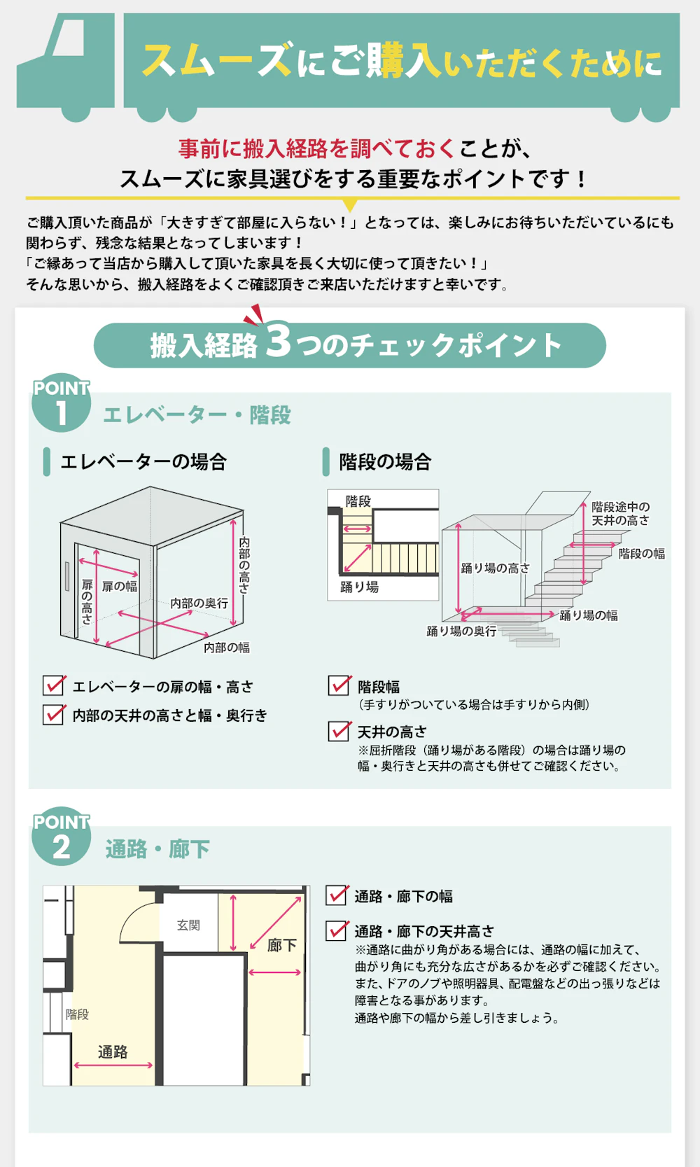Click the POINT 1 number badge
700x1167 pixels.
coord(62,404)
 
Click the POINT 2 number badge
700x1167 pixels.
coord(62,838)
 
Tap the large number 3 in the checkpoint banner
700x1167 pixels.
coord(278,341)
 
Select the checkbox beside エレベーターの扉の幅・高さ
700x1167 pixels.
coord(54,685)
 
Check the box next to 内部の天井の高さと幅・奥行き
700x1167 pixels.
coord(54,714)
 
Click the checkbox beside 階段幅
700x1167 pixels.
coord(339,685)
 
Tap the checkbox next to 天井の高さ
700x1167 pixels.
coord(339,731)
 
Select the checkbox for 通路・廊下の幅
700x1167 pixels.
coord(337,895)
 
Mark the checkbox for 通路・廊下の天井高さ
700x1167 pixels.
coord(337,930)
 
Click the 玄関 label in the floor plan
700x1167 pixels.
coord(188,925)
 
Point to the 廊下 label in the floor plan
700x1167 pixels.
coord(282,945)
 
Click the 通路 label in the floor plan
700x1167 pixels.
coord(113,1051)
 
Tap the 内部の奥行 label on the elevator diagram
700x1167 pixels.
coord(199,603)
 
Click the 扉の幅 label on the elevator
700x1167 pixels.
coord(120,586)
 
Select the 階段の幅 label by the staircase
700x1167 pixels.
coord(641,554)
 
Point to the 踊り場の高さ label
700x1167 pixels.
coord(495,568)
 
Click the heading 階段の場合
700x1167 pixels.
coord(385,462)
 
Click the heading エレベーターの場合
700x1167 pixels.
coord(143,462)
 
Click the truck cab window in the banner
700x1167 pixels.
coord(69,39)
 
